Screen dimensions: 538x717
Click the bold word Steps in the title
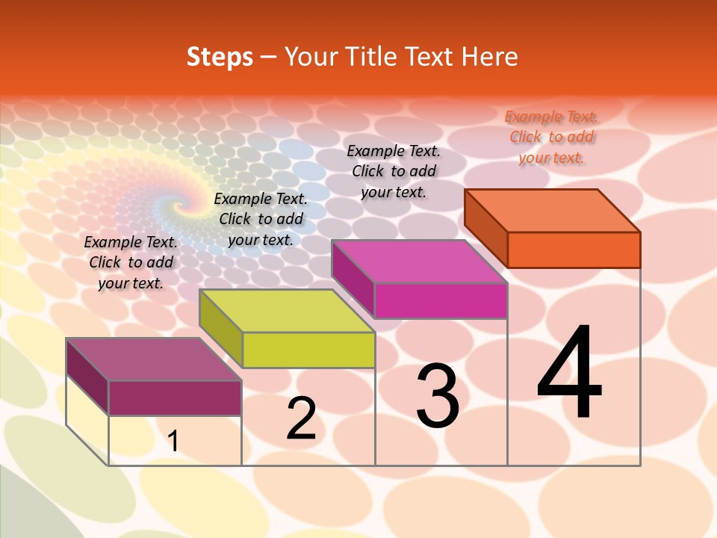[220, 57]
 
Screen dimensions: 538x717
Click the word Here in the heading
[489, 57]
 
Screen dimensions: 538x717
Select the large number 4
[569, 374]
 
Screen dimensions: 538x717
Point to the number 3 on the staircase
[438, 396]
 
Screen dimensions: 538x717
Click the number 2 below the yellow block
[301, 418]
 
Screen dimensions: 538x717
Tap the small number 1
[173, 442]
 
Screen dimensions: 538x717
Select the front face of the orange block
[574, 250]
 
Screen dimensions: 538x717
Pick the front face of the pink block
[441, 301]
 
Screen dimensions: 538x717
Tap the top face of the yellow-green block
[287, 311]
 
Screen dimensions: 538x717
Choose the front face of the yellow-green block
[308, 350]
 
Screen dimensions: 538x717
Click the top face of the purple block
[154, 359]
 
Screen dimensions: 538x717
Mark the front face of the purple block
[175, 398]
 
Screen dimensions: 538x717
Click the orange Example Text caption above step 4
[551, 137]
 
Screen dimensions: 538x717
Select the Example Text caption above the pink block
[394, 171]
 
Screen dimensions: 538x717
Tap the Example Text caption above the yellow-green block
[261, 219]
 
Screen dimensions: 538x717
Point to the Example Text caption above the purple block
[131, 262]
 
